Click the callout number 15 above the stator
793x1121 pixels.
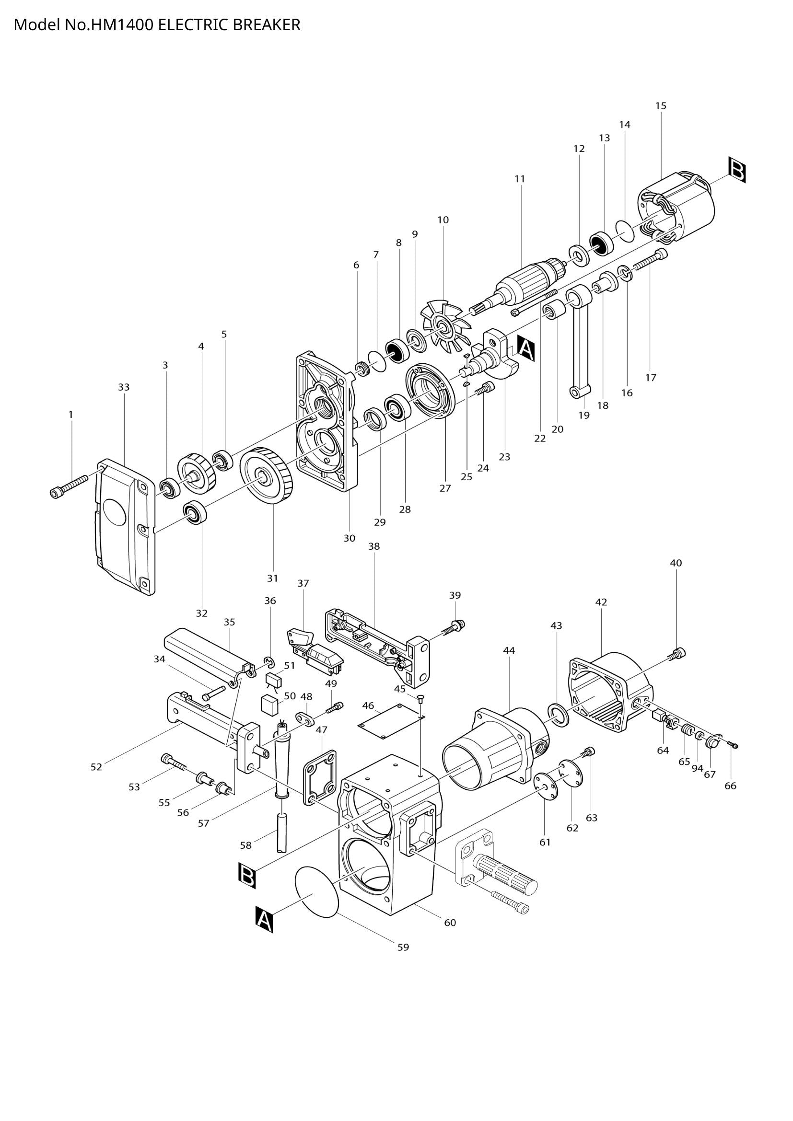tap(661, 105)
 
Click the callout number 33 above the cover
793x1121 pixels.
tap(124, 387)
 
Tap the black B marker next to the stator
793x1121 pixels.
tap(736, 170)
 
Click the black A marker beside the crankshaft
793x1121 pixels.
tap(525, 348)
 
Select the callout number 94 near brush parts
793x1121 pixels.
tap(697, 768)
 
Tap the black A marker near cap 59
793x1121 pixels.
tap(264, 919)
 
